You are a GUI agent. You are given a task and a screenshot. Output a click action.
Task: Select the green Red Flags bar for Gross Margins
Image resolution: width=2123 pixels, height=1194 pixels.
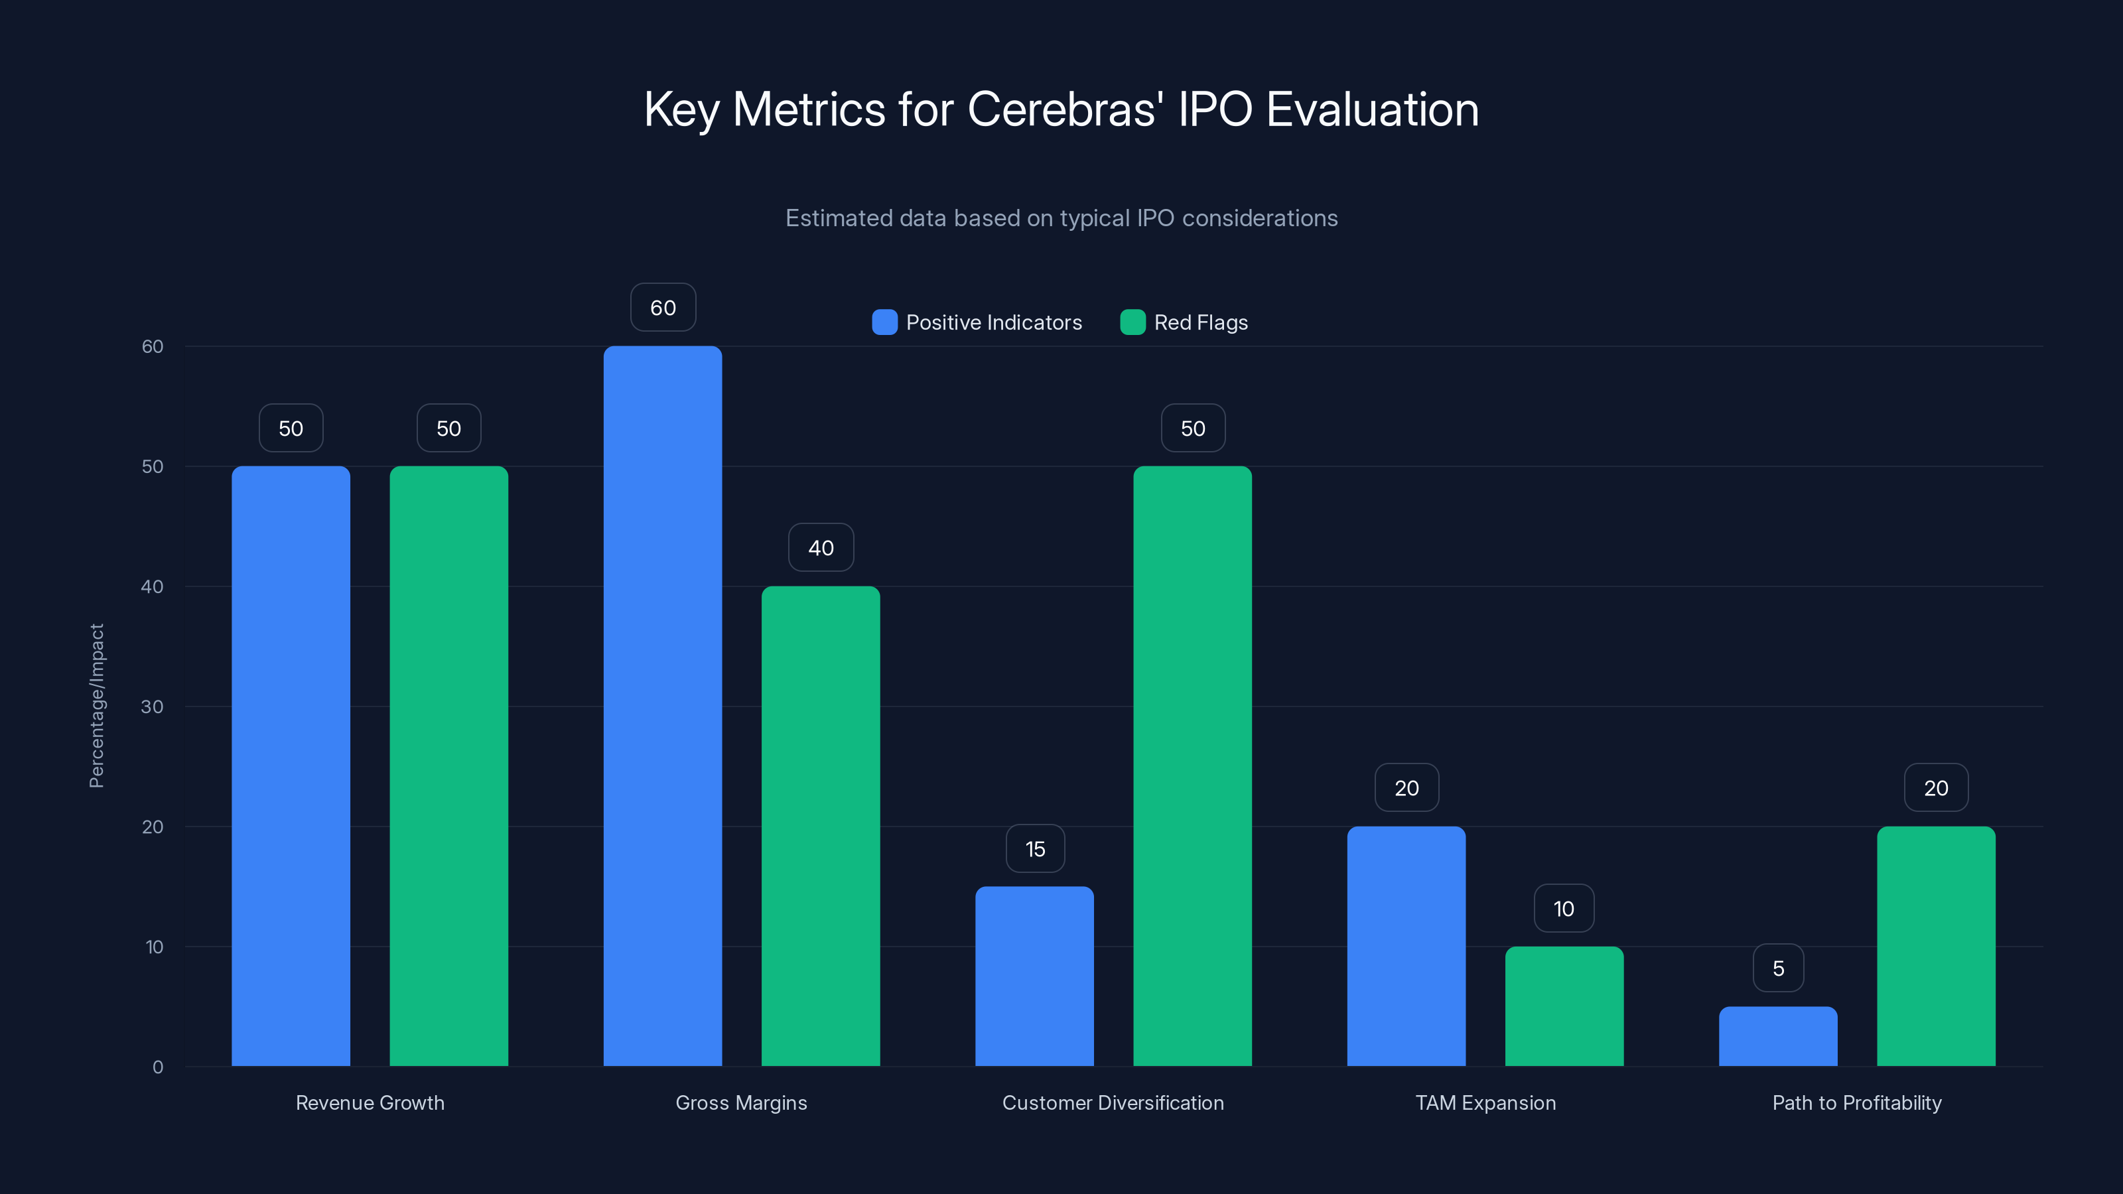(x=820, y=827)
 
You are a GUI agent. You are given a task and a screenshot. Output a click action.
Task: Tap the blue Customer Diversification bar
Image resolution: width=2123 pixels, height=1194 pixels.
(x=1034, y=976)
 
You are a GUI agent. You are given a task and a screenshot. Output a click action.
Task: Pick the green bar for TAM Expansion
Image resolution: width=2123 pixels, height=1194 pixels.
(x=1564, y=1006)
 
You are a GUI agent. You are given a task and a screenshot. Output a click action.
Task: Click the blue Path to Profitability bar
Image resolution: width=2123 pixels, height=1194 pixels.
(x=1778, y=1037)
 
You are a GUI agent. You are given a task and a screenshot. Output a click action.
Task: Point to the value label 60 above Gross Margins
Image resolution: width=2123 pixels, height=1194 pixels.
(x=663, y=307)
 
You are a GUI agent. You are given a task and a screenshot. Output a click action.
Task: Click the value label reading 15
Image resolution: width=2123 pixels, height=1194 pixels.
(x=1035, y=849)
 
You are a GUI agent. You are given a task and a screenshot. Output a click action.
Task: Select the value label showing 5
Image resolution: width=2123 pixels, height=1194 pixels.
(x=1778, y=968)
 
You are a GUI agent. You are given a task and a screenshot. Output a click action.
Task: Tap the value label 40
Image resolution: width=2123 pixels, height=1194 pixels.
(x=820, y=548)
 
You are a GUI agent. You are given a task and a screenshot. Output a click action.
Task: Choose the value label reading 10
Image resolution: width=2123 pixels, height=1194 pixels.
(x=1564, y=908)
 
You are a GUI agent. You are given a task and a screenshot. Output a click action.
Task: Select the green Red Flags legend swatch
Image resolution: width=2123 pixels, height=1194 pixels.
(x=1132, y=322)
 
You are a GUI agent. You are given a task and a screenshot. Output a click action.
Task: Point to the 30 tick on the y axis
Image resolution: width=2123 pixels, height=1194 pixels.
(x=153, y=706)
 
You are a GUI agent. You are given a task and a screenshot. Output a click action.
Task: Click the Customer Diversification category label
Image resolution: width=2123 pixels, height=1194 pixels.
(x=1113, y=1102)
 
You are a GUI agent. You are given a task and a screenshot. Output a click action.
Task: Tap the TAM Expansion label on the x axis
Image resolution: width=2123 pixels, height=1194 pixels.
(x=1485, y=1102)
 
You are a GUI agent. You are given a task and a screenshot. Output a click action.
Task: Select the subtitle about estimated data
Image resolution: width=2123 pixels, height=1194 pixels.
(x=1061, y=218)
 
